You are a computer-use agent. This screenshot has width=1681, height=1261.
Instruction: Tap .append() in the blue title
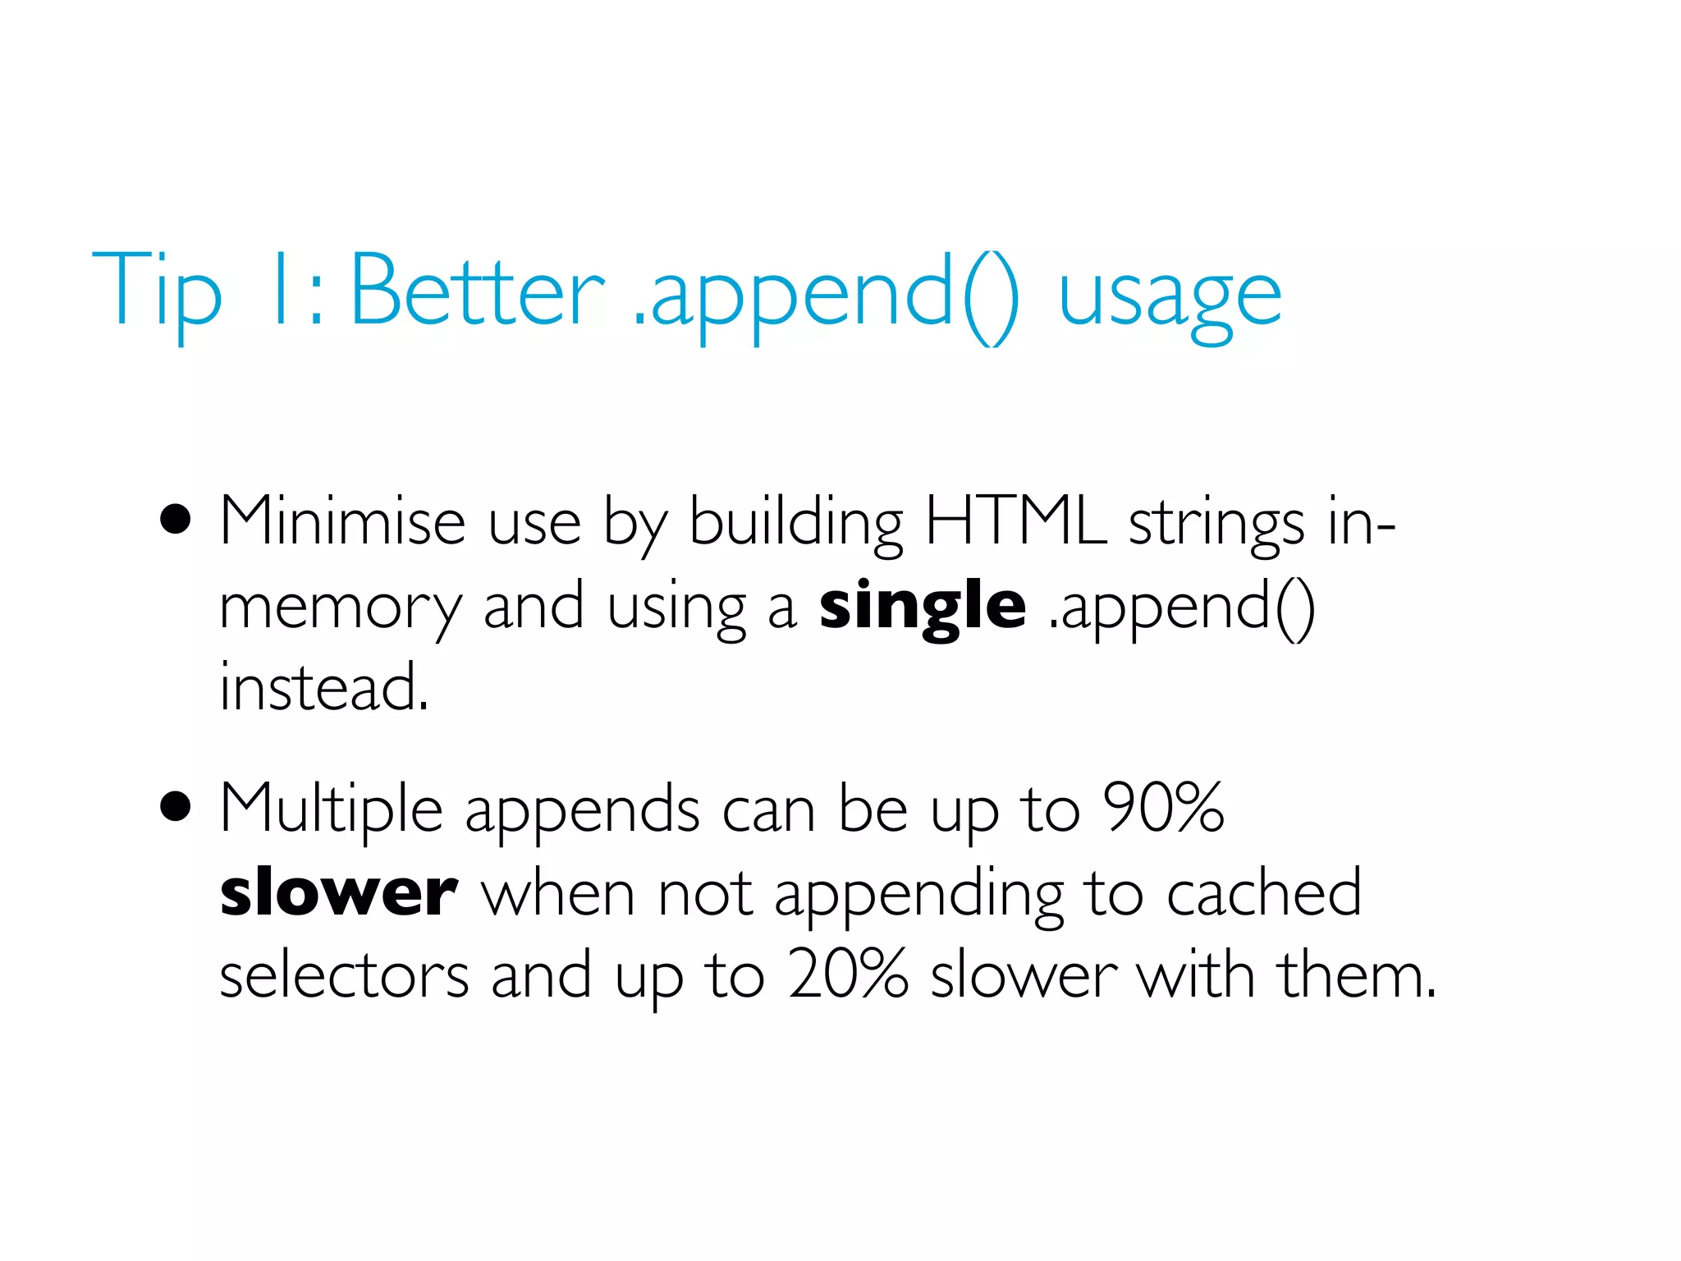[x=826, y=296]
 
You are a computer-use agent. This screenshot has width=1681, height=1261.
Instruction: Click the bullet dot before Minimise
[x=176, y=520]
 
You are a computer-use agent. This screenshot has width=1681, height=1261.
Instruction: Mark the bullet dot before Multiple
[x=176, y=807]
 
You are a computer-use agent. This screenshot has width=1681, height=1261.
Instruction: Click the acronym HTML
[x=1015, y=520]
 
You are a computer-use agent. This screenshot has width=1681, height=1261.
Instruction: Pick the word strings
[x=1216, y=525]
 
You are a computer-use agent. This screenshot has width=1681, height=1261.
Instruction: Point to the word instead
[x=324, y=688]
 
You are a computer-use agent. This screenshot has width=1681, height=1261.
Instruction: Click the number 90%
[x=1163, y=808]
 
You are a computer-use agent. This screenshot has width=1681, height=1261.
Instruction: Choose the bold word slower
[x=339, y=893]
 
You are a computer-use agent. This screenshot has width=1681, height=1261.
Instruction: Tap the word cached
[x=1264, y=893]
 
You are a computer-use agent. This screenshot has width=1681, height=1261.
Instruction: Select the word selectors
[x=344, y=976]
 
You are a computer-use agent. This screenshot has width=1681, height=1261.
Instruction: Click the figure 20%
[x=849, y=974]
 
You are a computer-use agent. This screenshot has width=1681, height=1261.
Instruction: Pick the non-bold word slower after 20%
[x=1024, y=976]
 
